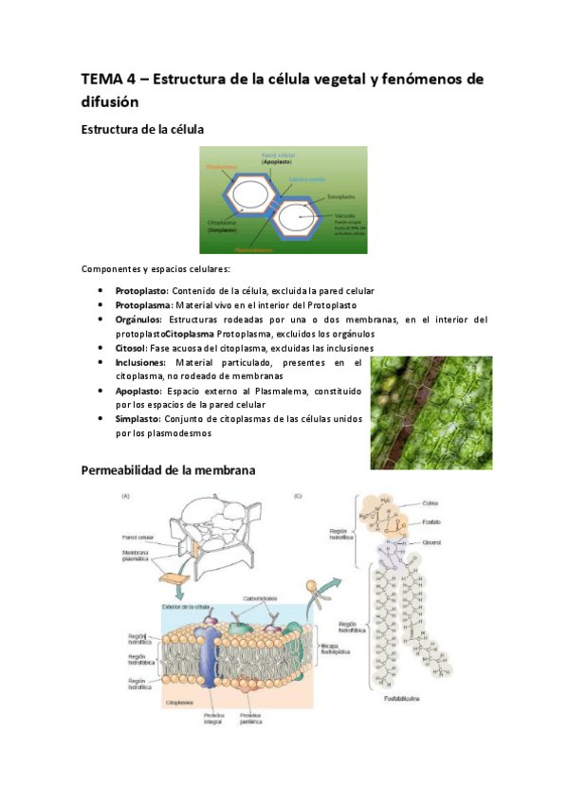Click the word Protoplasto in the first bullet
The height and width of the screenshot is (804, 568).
pyautogui.click(x=140, y=290)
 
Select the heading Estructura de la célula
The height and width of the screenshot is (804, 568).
pyautogui.click(x=143, y=127)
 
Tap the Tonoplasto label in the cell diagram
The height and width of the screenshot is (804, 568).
pyautogui.click(x=341, y=197)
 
